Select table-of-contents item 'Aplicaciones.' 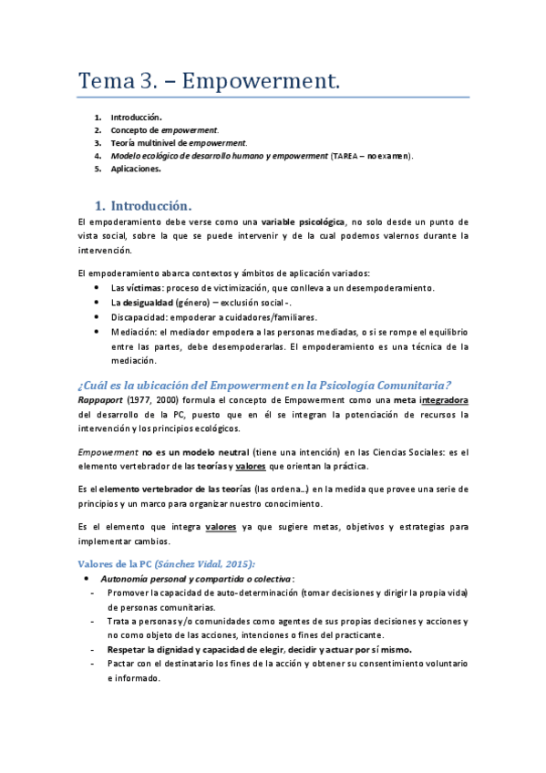(x=136, y=169)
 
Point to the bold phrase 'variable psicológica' (x=303, y=222)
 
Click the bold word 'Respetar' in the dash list (x=131, y=649)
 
